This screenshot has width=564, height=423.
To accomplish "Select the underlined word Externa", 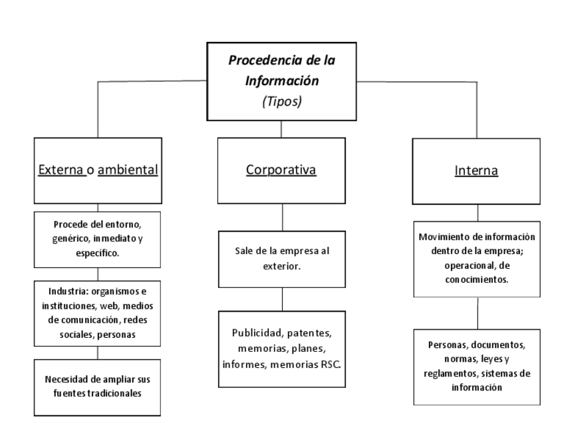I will coord(61,170).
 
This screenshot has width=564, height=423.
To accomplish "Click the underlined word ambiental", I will coord(128,170).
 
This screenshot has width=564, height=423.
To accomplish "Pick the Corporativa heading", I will coord(281,170).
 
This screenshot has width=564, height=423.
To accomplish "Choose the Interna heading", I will coord(476,171).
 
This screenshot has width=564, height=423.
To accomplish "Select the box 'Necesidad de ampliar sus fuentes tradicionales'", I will coord(98,387).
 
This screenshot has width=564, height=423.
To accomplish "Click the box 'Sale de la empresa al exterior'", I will coord(282,259).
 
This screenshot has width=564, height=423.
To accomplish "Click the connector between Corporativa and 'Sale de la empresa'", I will coord(282,217).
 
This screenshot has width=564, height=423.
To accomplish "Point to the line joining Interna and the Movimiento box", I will coord(477,213).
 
